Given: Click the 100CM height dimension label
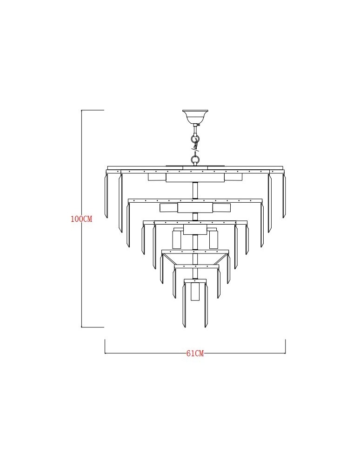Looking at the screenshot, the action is point(81,219).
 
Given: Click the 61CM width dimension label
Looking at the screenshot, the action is point(195,353).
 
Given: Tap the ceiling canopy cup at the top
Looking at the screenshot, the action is point(195,117).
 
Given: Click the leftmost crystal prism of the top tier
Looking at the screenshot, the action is point(106,196).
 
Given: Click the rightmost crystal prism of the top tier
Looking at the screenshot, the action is point(284,196).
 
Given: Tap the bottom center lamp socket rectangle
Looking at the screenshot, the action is point(195,292).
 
